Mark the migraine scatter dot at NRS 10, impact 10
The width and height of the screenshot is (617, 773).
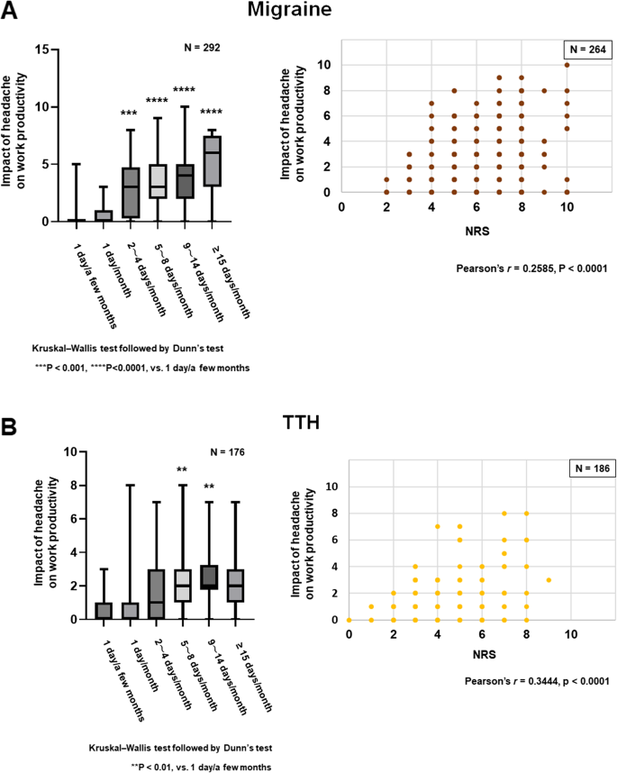pyautogui.click(x=567, y=65)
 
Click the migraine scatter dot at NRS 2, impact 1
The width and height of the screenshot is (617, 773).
pyautogui.click(x=386, y=178)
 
